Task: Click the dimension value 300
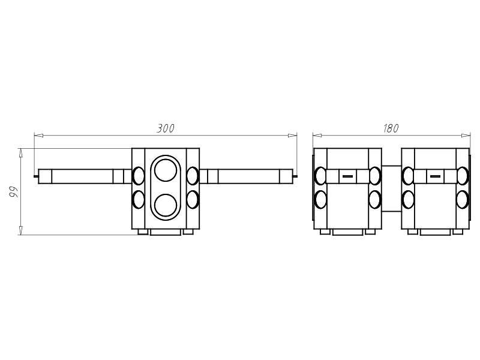(x=166, y=128)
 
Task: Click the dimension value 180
(x=391, y=128)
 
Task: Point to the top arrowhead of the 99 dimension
(x=21, y=153)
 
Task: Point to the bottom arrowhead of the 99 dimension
(x=21, y=230)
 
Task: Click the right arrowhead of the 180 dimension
(x=466, y=136)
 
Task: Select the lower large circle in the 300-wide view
(x=166, y=205)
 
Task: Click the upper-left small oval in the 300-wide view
(x=139, y=176)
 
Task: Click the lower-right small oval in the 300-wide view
(x=192, y=199)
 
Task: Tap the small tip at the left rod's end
(x=36, y=176)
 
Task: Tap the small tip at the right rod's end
(x=295, y=176)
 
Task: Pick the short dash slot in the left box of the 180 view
(x=347, y=176)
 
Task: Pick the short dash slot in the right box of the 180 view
(x=435, y=176)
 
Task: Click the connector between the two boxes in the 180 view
(x=391, y=188)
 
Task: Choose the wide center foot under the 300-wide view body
(x=166, y=232)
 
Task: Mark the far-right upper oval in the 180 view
(x=462, y=176)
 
